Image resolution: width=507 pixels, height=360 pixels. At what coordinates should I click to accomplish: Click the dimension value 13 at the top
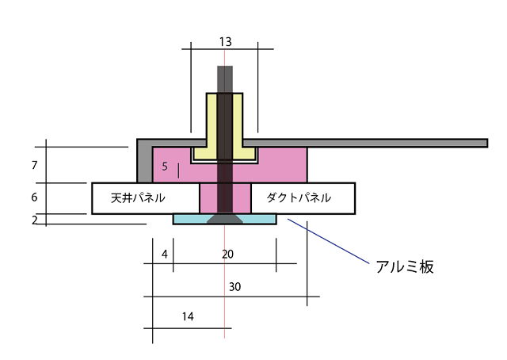click(225, 41)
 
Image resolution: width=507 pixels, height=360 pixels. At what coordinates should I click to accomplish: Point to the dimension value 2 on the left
click(35, 220)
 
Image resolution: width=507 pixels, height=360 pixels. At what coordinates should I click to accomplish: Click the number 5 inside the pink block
click(165, 167)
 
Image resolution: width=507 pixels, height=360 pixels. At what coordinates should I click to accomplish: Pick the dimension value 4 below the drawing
click(164, 255)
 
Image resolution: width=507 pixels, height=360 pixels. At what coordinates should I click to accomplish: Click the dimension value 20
click(228, 255)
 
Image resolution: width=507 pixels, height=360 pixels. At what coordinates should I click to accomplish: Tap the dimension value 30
click(234, 287)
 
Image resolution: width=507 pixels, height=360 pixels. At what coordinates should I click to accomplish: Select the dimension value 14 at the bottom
click(188, 317)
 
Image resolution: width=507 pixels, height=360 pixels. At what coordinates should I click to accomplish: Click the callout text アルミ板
click(404, 267)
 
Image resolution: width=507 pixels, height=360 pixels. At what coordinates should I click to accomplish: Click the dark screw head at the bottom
click(225, 220)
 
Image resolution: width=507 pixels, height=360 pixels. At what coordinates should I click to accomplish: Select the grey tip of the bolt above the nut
click(225, 78)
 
